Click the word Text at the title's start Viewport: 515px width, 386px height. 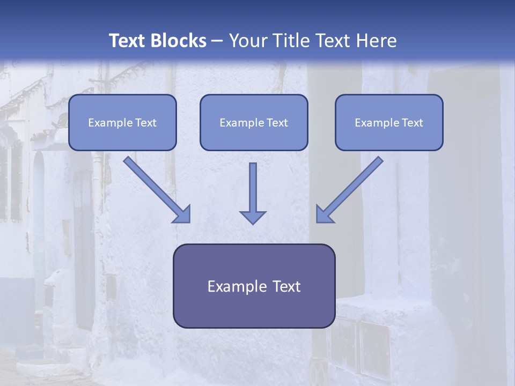[x=126, y=41]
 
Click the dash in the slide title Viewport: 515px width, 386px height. [x=217, y=41]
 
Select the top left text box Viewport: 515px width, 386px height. [x=122, y=122]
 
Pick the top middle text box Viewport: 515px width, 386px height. [x=254, y=122]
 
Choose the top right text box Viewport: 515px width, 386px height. [x=389, y=122]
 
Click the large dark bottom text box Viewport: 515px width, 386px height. [x=254, y=286]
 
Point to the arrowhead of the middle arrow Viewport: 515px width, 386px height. [x=253, y=217]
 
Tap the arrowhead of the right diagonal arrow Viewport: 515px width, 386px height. [x=324, y=214]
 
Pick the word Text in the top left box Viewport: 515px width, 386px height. [x=146, y=123]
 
